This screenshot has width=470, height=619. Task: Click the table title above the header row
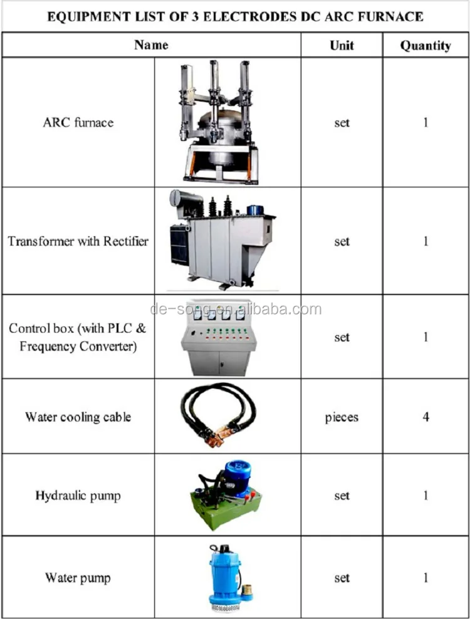(235, 16)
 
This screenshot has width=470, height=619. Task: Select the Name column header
(151, 45)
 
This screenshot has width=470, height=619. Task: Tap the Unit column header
(342, 45)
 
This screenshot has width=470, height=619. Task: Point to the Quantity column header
(426, 45)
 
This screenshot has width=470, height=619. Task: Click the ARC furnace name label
(78, 122)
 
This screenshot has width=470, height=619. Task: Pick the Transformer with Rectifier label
(78, 241)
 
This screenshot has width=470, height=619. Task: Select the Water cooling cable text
(78, 417)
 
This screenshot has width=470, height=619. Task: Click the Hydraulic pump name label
(78, 496)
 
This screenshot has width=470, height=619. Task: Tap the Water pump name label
(78, 577)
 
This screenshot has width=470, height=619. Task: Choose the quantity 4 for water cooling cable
(426, 417)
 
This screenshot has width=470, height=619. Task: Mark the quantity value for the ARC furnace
(426, 122)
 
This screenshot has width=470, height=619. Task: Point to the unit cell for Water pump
(342, 577)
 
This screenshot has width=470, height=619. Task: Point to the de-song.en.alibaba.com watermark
(236, 309)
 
